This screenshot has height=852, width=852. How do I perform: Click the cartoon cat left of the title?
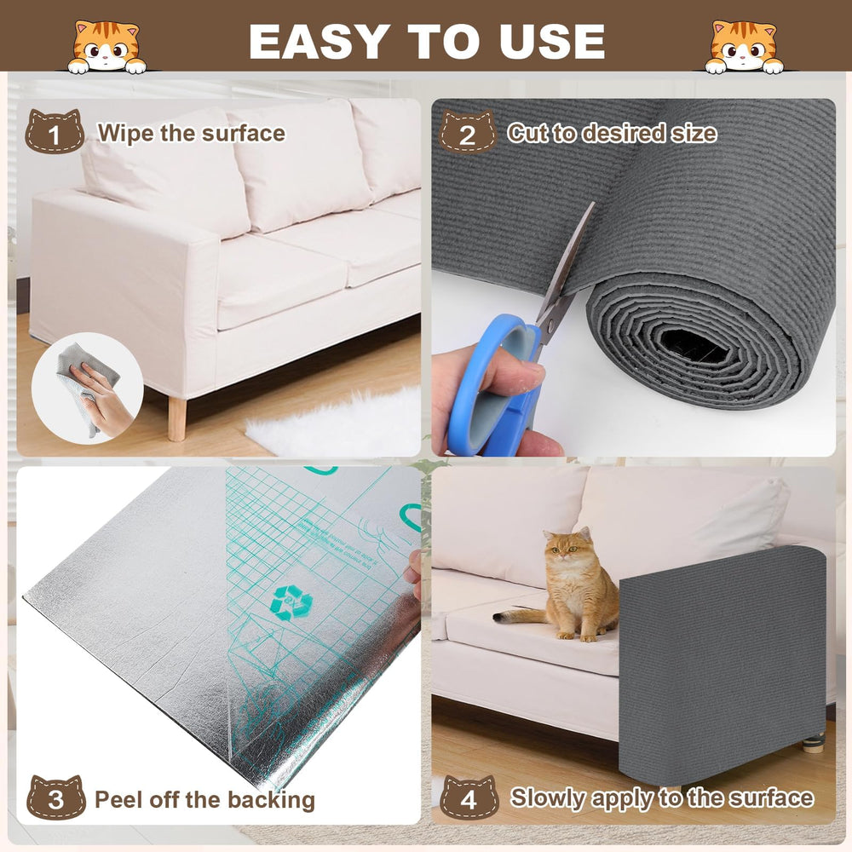[x=106, y=48]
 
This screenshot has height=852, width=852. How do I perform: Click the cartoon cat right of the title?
[x=745, y=48]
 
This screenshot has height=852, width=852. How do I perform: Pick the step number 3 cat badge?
[x=55, y=799]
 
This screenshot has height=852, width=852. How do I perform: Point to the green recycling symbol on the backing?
[x=291, y=602]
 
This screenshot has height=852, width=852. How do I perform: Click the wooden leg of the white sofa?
[x=177, y=417]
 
